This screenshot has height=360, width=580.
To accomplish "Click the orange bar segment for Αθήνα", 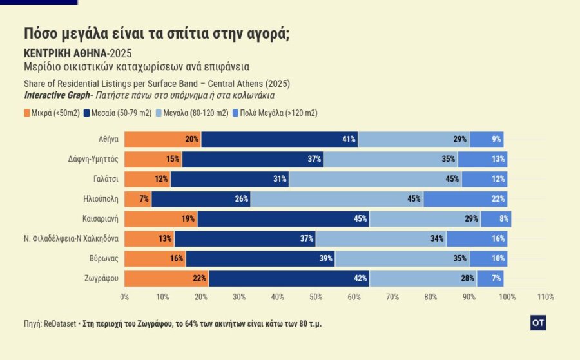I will [x=162, y=139].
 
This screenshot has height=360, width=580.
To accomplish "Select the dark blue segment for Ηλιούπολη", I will [x=201, y=199].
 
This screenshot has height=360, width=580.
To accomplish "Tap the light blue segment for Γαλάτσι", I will [x=375, y=179].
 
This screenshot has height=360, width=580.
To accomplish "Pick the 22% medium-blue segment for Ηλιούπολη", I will [x=465, y=199].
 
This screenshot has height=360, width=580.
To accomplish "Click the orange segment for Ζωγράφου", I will [x=166, y=279].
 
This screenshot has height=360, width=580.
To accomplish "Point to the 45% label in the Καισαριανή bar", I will [x=360, y=219].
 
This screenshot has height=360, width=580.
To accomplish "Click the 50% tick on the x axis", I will [x=316, y=297].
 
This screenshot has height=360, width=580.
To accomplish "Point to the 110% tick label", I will [x=545, y=297].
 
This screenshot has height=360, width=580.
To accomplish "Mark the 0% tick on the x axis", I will [x=125, y=297].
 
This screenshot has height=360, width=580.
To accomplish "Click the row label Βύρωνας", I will [x=104, y=259].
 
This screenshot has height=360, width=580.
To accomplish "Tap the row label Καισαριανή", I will [x=100, y=219].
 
